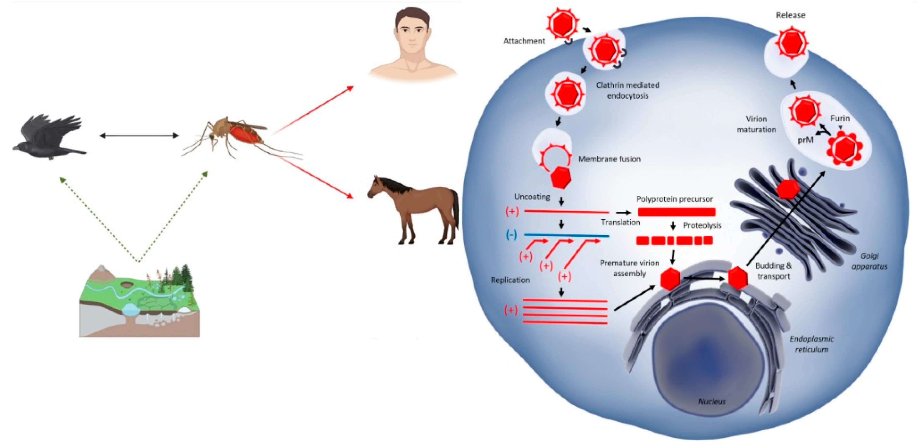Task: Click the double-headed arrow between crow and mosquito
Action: [x=139, y=136]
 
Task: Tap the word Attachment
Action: [x=524, y=41]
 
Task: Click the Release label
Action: [x=790, y=15]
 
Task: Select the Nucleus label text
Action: [x=712, y=401]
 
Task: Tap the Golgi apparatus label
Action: [x=869, y=261]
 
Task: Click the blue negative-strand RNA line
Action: [x=567, y=235]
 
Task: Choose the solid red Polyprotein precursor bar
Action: [x=676, y=212]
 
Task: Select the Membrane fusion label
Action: [x=609, y=159]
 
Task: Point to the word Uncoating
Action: [x=532, y=197]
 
